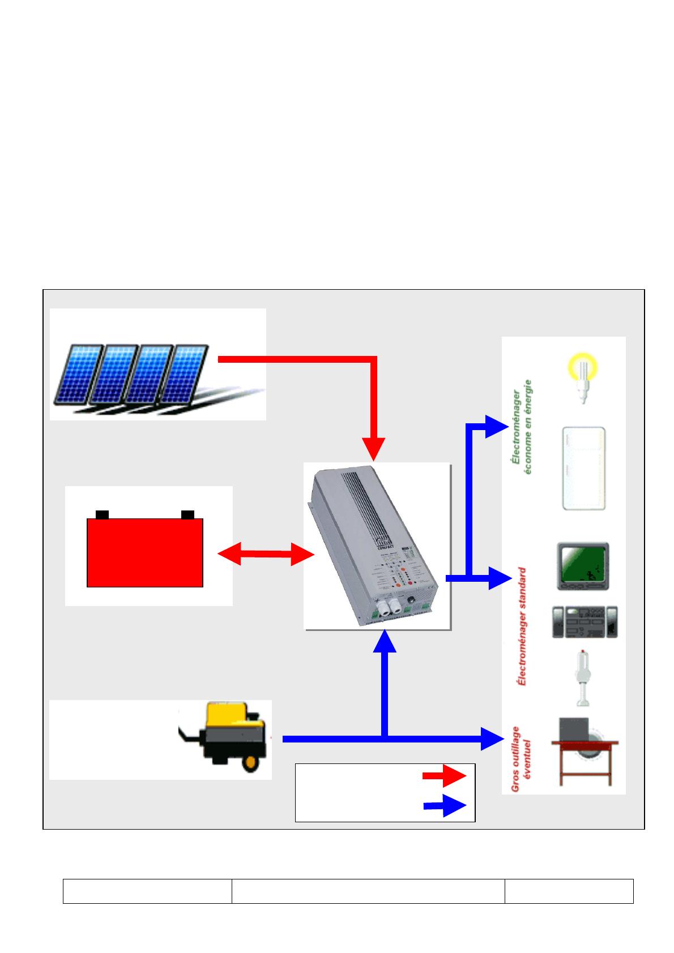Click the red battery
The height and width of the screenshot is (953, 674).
(144, 552)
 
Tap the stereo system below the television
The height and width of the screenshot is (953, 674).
(585, 622)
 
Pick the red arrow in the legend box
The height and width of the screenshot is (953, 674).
(444, 775)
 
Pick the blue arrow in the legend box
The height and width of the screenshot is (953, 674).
(444, 805)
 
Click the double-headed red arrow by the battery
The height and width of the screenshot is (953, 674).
(266, 553)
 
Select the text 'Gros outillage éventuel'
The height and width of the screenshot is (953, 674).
(523, 758)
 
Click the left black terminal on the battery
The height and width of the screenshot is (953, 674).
(103, 514)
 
